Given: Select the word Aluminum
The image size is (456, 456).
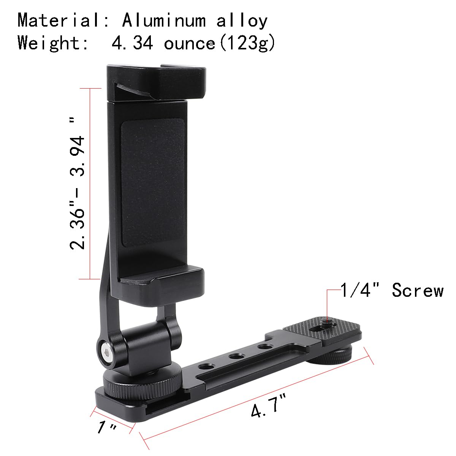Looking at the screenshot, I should pyautogui.click(x=164, y=21).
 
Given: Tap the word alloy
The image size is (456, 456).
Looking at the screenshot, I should pyautogui.click(x=242, y=21).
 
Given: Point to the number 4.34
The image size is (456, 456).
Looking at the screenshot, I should pyautogui.click(x=132, y=43).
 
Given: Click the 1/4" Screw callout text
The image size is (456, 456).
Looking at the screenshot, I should pyautogui.click(x=391, y=291).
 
